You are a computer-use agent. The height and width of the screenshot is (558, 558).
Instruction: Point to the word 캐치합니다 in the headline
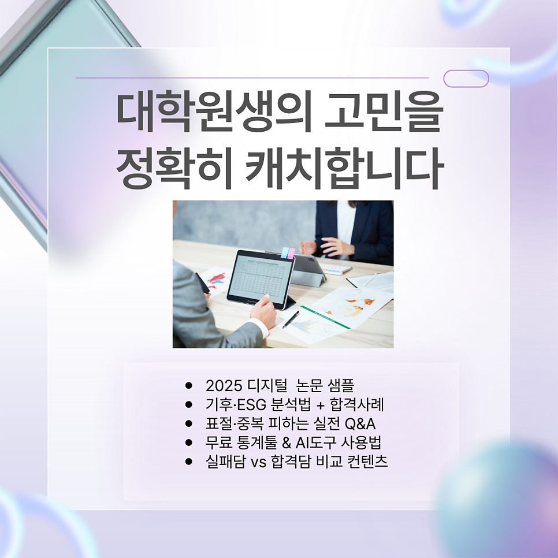coord(343,169)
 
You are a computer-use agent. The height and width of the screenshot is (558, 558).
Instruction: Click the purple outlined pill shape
coord(466,79)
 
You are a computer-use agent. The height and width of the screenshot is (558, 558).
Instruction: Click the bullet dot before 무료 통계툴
coord(188,442)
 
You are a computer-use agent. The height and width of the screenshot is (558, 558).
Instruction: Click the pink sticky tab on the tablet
coord(292,252)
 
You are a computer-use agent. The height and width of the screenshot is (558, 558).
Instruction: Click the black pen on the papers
coord(290,319)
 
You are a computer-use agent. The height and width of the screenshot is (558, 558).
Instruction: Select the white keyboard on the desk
coord(335,269)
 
